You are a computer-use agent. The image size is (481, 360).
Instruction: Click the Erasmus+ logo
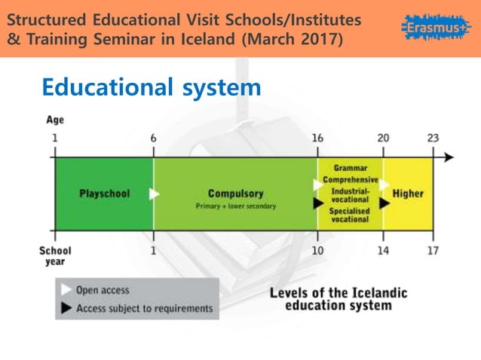pos(437,29)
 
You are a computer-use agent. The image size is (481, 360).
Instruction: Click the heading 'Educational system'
pos(152,88)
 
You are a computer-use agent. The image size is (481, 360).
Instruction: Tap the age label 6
pos(154,138)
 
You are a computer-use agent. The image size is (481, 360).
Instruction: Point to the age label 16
pos(317,138)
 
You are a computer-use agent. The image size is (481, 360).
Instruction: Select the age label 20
pos(383,138)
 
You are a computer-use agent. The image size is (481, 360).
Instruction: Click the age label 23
pos(433,138)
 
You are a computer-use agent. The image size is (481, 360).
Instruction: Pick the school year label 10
pos(317,250)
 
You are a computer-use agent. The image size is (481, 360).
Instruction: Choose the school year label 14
pos(383,250)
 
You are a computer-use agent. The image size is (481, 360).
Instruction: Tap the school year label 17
pos(433,250)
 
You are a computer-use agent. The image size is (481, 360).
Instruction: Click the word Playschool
pos(104,194)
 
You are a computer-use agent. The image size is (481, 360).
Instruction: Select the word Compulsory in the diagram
pos(236,193)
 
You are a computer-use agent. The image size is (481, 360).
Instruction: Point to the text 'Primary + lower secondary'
pos(236,206)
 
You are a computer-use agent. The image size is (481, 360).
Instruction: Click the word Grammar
pos(350,168)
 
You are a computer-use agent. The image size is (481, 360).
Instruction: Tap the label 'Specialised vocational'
pos(349,215)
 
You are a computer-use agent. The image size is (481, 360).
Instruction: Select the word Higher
pos(408,194)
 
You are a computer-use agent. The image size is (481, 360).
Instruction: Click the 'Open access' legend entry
pos(103,290)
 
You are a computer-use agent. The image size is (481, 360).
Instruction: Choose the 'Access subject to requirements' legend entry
pos(144,308)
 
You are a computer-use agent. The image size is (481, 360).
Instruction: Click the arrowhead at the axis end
pos(449,157)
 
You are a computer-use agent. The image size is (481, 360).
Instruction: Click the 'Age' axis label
pos(55,120)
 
